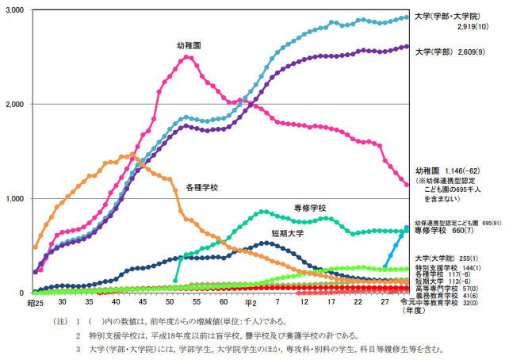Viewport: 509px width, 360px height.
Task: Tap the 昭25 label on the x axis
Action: (x=35, y=302)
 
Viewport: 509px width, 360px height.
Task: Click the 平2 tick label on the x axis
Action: (x=251, y=302)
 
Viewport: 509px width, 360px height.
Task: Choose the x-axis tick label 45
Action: (x=143, y=302)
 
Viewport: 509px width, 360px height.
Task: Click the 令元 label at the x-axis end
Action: (x=408, y=302)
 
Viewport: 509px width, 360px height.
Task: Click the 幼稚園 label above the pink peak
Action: (x=188, y=46)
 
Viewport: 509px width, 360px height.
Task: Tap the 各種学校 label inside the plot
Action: (x=201, y=187)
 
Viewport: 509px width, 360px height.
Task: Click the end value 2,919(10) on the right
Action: (x=476, y=26)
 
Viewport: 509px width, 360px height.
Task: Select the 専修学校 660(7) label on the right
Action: (x=446, y=231)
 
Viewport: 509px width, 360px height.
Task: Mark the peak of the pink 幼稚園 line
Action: (x=188, y=56)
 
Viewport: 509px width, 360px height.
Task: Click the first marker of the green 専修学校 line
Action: (x=175, y=280)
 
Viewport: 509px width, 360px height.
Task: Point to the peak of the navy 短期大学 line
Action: (x=267, y=243)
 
